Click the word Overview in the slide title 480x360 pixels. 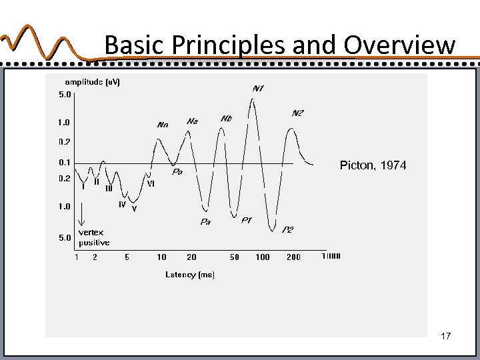click(399, 45)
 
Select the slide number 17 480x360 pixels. click(446, 337)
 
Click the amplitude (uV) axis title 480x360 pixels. click(93, 82)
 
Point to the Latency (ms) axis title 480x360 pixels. click(190, 275)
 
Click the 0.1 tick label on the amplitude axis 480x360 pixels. click(64, 162)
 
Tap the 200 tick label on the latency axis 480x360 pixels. click(293, 257)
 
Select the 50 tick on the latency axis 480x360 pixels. click(234, 257)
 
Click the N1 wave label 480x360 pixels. click(258, 89)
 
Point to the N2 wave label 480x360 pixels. click(297, 113)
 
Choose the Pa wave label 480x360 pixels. click(206, 222)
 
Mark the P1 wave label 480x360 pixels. click(246, 220)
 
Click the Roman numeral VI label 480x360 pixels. click(151, 184)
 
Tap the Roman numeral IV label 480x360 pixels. click(122, 205)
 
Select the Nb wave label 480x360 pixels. click(226, 119)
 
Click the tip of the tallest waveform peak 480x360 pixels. click(251, 99)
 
